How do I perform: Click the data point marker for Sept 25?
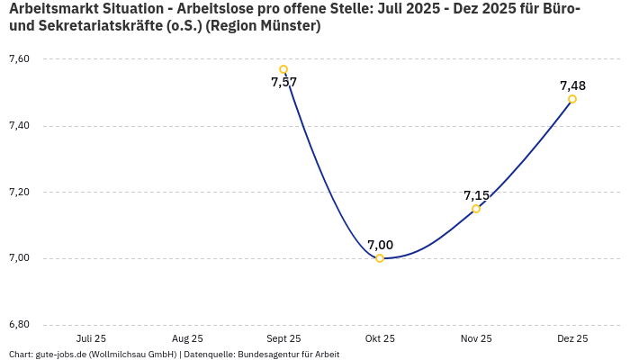pyautogui.click(x=283, y=69)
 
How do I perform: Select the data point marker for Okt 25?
pyautogui.click(x=380, y=258)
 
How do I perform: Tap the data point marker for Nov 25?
pyautogui.click(x=476, y=209)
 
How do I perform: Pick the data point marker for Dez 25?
pyautogui.click(x=572, y=99)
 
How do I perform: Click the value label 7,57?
pyautogui.click(x=283, y=83)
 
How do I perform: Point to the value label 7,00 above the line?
pyautogui.click(x=380, y=245)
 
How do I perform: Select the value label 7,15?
pyautogui.click(x=476, y=195)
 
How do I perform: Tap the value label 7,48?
pyautogui.click(x=572, y=85)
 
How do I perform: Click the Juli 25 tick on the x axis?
pyautogui.click(x=91, y=338)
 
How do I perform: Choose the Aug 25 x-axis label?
pyautogui.click(x=187, y=338)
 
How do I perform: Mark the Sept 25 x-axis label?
pyautogui.click(x=283, y=338)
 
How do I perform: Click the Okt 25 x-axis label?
pyautogui.click(x=380, y=338)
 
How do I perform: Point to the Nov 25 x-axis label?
pyautogui.click(x=476, y=338)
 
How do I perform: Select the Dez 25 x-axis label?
pyautogui.click(x=572, y=338)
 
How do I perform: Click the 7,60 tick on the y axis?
pyautogui.click(x=19, y=58)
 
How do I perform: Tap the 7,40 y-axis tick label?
pyautogui.click(x=19, y=125)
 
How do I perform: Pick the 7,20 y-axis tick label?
pyautogui.click(x=19, y=192)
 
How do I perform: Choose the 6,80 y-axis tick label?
pyautogui.click(x=19, y=324)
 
